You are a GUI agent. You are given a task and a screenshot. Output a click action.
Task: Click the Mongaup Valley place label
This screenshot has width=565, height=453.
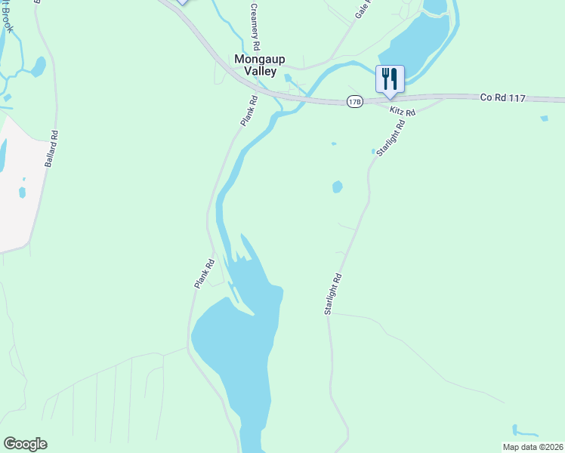(259, 65)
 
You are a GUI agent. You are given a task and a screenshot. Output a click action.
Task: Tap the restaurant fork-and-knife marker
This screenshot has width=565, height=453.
(390, 79)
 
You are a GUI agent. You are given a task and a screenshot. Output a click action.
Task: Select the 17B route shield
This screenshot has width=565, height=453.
(354, 101)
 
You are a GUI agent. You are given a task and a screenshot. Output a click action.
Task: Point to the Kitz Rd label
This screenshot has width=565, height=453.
(403, 112)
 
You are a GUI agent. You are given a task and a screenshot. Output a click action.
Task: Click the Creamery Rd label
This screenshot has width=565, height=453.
(256, 26)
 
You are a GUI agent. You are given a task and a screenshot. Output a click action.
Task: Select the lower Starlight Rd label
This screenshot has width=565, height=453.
(334, 294)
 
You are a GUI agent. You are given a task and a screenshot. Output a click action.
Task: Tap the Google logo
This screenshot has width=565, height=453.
(25, 444)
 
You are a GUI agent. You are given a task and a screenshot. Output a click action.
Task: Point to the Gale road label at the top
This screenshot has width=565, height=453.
(364, 9)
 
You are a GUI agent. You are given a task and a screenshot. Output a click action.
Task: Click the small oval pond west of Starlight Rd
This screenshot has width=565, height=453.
(337, 186)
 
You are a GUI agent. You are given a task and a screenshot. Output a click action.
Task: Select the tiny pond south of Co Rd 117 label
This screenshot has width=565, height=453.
(544, 118)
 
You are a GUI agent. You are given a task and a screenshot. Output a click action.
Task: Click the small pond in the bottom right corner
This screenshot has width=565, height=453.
(523, 431)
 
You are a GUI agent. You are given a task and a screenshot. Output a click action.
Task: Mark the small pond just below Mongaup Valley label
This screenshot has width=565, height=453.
(288, 79)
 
